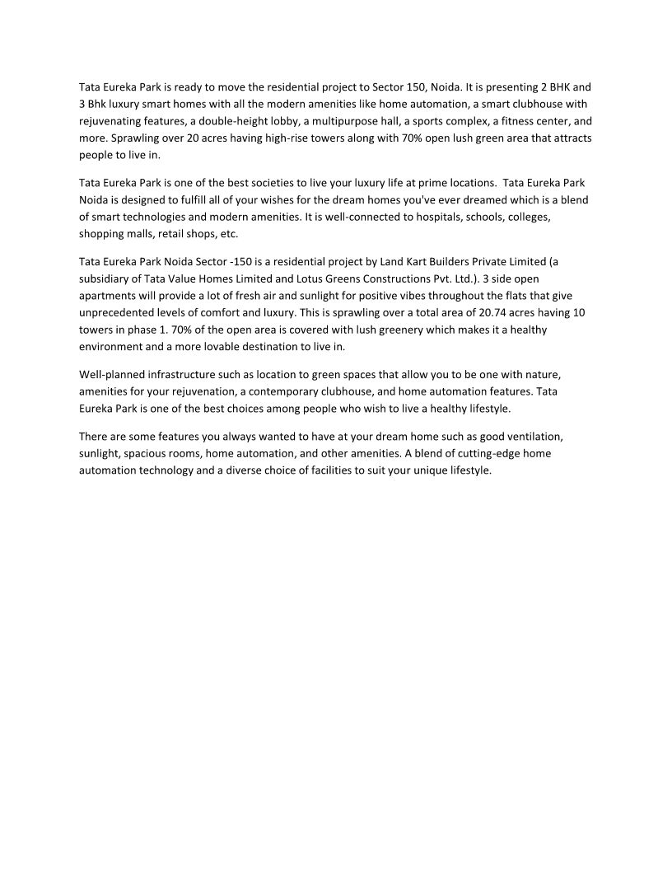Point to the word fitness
[x=514, y=120]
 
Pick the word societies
[x=247, y=182]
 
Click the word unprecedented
[x=119, y=313]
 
